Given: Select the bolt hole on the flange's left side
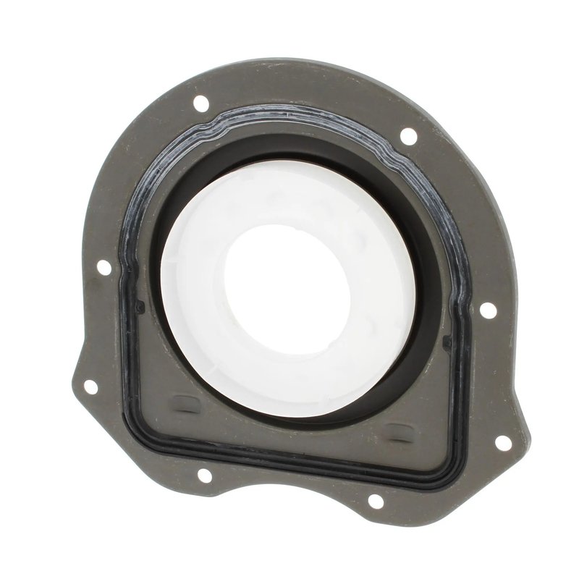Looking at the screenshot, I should pyautogui.click(x=103, y=267).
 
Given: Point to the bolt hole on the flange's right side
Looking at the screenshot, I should pyautogui.click(x=488, y=310).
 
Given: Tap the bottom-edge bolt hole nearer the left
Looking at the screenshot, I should pyautogui.click(x=204, y=475).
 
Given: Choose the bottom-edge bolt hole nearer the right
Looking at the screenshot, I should pyautogui.click(x=375, y=500).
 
